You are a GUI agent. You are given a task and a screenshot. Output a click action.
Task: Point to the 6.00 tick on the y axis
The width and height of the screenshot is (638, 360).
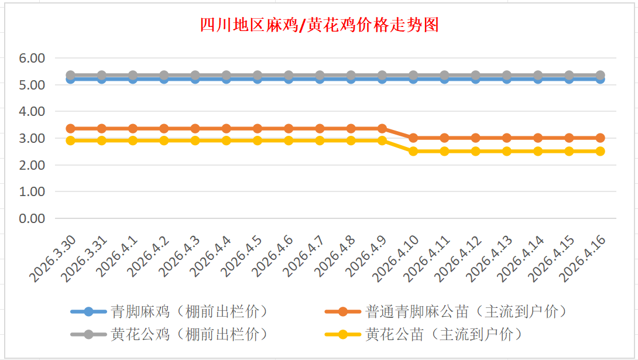tap(32, 59)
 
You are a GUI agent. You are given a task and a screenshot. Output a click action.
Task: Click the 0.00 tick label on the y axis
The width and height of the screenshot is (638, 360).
tap(32, 218)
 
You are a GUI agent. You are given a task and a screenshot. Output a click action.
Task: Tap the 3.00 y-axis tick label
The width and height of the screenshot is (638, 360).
tap(32, 139)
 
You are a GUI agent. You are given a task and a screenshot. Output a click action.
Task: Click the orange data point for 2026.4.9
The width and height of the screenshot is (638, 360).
tap(382, 128)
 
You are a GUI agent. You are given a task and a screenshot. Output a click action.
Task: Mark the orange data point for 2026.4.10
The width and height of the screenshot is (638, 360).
tap(413, 138)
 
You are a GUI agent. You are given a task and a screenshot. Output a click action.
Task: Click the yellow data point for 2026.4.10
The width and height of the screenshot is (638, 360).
tap(413, 151)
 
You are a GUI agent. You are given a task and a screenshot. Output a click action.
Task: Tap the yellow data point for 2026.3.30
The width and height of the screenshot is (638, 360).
tap(70, 140)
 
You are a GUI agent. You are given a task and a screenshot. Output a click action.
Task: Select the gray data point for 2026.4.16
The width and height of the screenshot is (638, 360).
tap(600, 76)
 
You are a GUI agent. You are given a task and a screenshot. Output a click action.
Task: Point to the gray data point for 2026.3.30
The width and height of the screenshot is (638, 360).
tap(70, 76)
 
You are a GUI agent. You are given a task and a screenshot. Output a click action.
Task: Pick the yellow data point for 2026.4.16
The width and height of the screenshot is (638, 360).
tap(600, 151)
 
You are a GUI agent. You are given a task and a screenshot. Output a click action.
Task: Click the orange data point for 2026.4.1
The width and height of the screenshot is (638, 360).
tap(133, 128)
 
